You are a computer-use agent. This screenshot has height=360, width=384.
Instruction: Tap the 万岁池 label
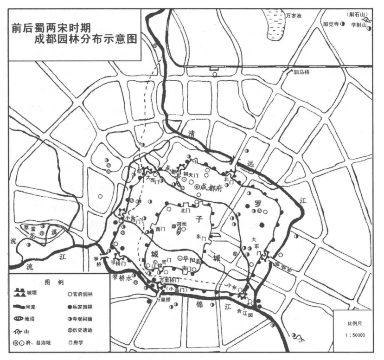click(293, 16)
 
